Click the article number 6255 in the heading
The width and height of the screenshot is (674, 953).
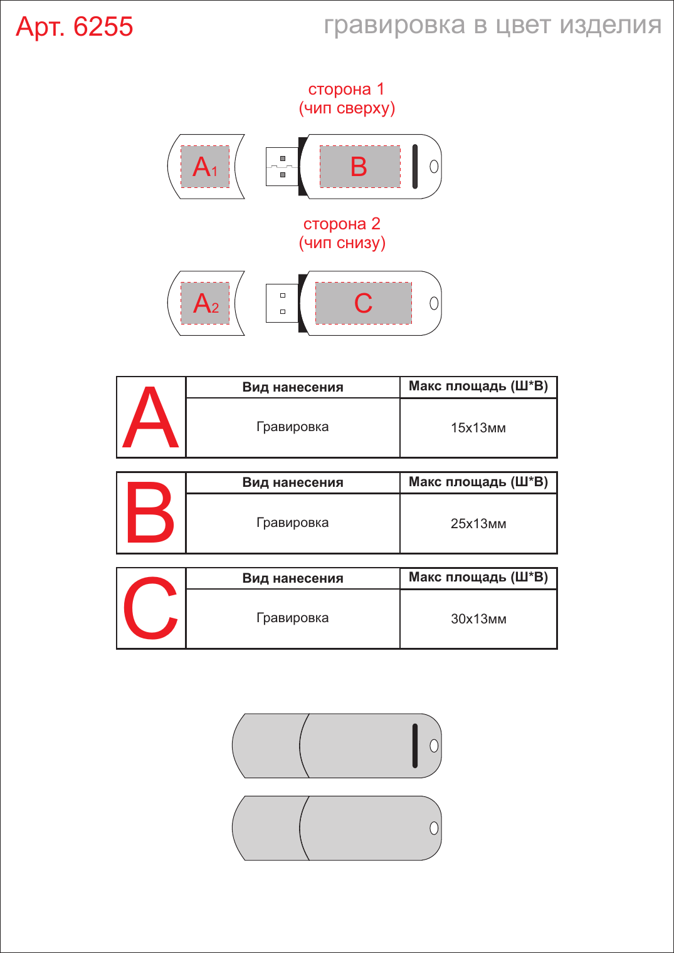(103, 27)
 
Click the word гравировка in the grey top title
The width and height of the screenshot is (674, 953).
(394, 26)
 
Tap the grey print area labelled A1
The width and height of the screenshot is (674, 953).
(205, 166)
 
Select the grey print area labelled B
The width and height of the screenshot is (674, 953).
(360, 166)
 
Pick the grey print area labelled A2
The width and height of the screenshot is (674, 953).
(205, 303)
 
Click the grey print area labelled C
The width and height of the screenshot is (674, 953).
(363, 303)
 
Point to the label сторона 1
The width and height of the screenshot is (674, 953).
(346, 90)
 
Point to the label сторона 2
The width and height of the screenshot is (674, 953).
(342, 224)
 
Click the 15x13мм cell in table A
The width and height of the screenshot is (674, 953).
(478, 427)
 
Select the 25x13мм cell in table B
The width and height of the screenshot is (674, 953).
(478, 523)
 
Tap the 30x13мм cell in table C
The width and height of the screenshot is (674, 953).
(478, 618)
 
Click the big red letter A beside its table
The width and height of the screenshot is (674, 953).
(150, 417)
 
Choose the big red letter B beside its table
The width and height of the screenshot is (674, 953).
(150, 513)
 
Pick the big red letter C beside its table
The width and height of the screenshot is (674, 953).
(150, 608)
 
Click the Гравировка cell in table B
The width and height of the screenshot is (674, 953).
(293, 523)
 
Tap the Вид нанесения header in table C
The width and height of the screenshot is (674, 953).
(293, 578)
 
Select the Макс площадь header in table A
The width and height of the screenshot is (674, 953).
(478, 386)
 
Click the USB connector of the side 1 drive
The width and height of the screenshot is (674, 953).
(282, 166)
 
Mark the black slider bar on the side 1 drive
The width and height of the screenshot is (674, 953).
(415, 166)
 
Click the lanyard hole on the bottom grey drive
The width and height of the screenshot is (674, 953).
(434, 828)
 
